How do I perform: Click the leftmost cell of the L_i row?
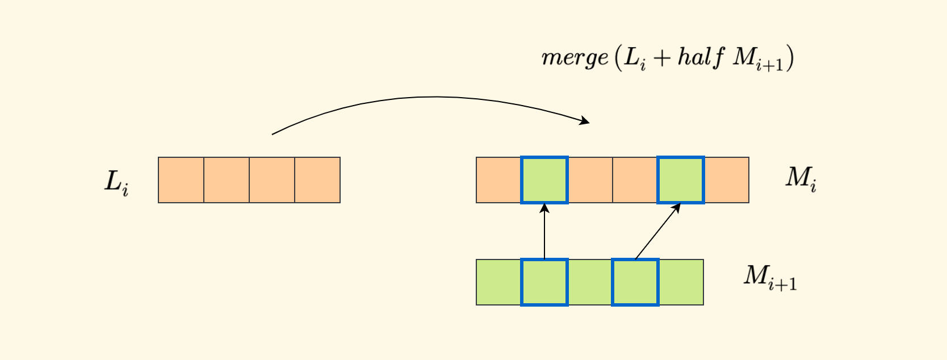(181, 180)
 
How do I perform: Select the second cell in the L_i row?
(227, 180)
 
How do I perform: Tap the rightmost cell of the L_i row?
(317, 180)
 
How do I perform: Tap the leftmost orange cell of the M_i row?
(498, 180)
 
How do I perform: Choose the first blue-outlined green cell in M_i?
(544, 180)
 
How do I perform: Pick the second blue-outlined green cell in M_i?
(681, 180)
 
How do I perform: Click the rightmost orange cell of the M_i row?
(727, 180)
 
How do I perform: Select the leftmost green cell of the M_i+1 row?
(498, 282)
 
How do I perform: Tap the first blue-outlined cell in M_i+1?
(544, 282)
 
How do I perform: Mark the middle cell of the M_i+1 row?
(590, 282)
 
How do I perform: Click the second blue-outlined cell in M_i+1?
(635, 282)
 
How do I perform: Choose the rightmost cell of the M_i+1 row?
(681, 282)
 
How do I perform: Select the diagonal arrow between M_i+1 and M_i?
(657, 231)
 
